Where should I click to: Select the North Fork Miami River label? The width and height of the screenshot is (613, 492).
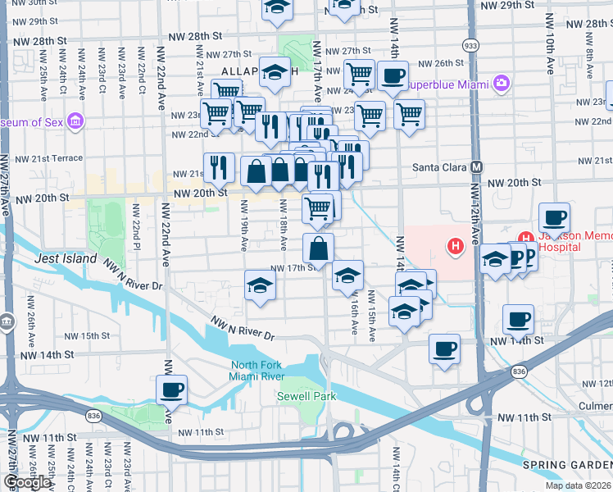257,371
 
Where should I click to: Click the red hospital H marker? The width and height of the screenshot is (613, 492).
453,245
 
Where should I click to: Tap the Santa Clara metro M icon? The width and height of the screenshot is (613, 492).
476,166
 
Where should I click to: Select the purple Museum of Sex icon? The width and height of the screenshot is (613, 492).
76,122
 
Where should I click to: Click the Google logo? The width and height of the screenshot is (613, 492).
27,482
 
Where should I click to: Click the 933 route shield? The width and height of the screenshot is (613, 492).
470,45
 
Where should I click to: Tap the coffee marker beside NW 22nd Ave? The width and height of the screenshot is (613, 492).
171,390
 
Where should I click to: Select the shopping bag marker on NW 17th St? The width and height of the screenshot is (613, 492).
318,247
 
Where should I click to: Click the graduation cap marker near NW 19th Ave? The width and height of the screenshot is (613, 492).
260,285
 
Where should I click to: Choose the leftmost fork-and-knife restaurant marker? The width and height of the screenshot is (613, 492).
219,168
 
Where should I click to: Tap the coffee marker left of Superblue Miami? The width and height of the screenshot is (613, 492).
392,76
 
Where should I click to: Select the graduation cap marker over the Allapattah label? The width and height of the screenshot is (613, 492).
275,72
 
